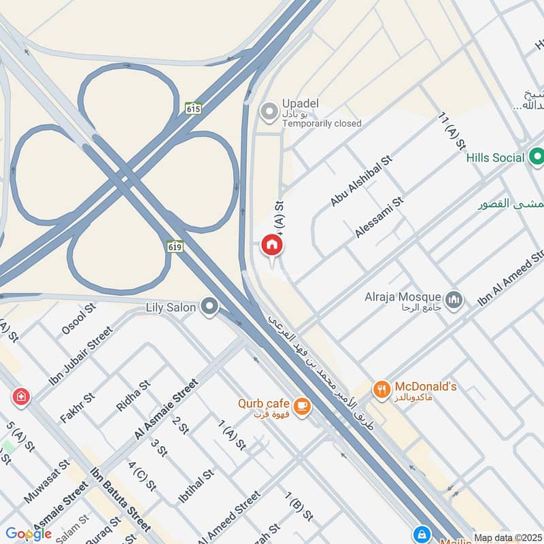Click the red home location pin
click(272, 245)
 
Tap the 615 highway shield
click(192, 108)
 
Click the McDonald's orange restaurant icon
click(381, 390)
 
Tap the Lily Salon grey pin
click(210, 308)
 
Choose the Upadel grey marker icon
click(271, 111)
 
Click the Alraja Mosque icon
click(454, 299)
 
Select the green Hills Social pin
click(537, 158)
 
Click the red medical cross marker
click(20, 396)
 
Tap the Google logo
click(28, 533)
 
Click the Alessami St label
click(379, 217)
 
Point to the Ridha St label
click(133, 396)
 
